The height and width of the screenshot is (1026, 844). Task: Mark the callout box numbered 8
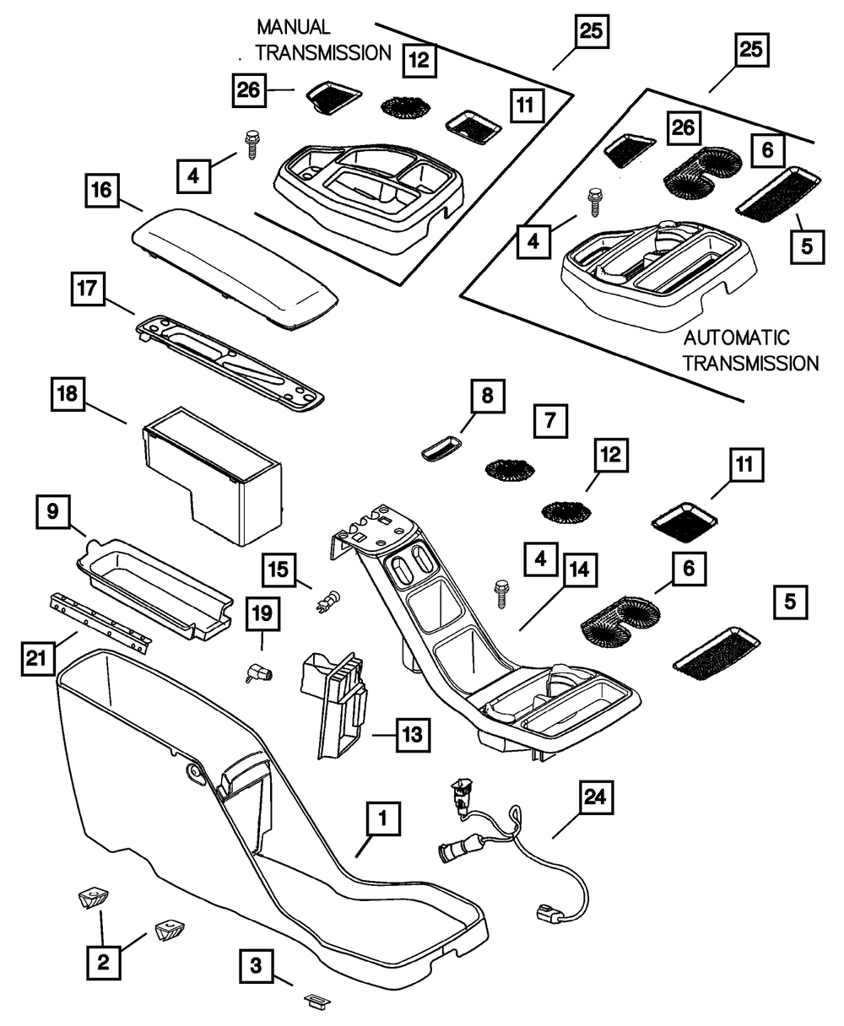coord(487,396)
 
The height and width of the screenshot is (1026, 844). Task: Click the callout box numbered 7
coord(550,418)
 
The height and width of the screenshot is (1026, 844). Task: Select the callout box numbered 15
coord(279,571)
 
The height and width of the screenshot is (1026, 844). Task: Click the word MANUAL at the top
coord(294,28)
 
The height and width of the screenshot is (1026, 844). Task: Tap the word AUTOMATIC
coord(737,339)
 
